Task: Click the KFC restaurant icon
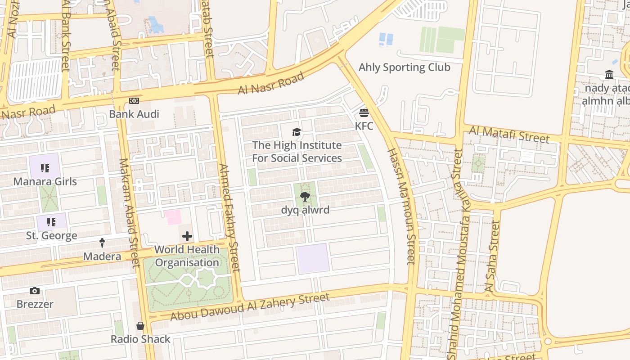click(364, 112)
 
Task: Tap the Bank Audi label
click(134, 114)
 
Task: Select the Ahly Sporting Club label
click(404, 67)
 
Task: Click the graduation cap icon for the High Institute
click(297, 132)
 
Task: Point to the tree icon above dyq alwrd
click(305, 196)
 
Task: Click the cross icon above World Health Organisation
click(187, 236)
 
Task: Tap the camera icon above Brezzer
click(35, 291)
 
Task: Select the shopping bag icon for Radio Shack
click(140, 326)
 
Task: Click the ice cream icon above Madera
click(102, 243)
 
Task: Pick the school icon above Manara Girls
click(45, 168)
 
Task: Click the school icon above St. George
click(51, 222)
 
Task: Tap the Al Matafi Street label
click(509, 134)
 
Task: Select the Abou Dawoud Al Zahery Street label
click(250, 307)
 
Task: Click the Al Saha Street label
click(494, 256)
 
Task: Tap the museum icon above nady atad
click(609, 75)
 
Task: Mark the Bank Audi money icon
click(134, 101)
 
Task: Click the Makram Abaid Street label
click(129, 212)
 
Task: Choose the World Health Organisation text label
click(187, 256)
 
